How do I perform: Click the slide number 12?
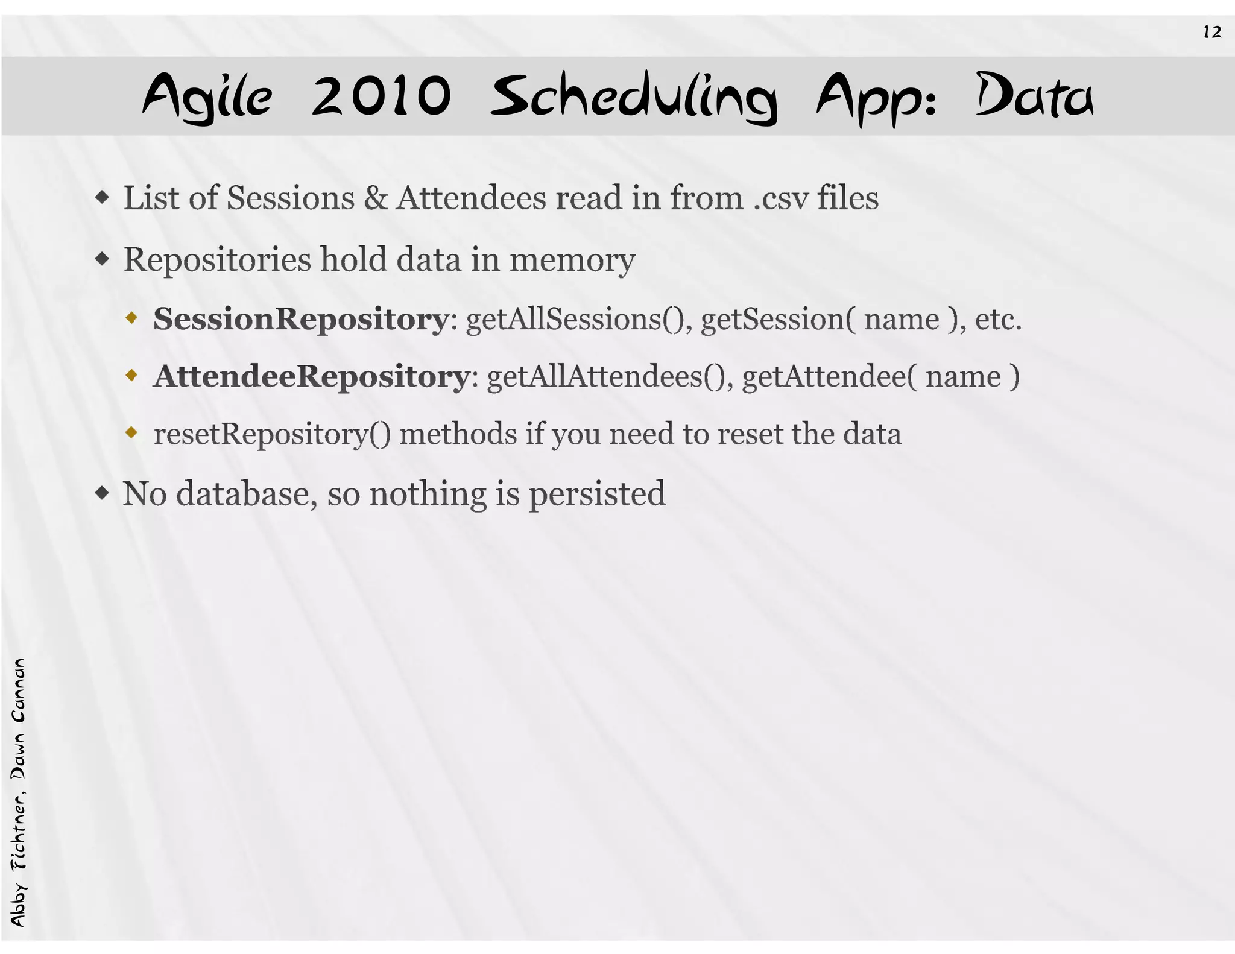(x=1212, y=32)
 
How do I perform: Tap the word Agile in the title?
(x=207, y=96)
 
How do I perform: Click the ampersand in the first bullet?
(x=375, y=198)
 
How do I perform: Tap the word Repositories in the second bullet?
(x=217, y=261)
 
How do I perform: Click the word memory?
(x=572, y=261)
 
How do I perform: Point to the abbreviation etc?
(x=998, y=319)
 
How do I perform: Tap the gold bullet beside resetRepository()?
(x=131, y=432)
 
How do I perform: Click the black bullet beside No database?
(x=103, y=493)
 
